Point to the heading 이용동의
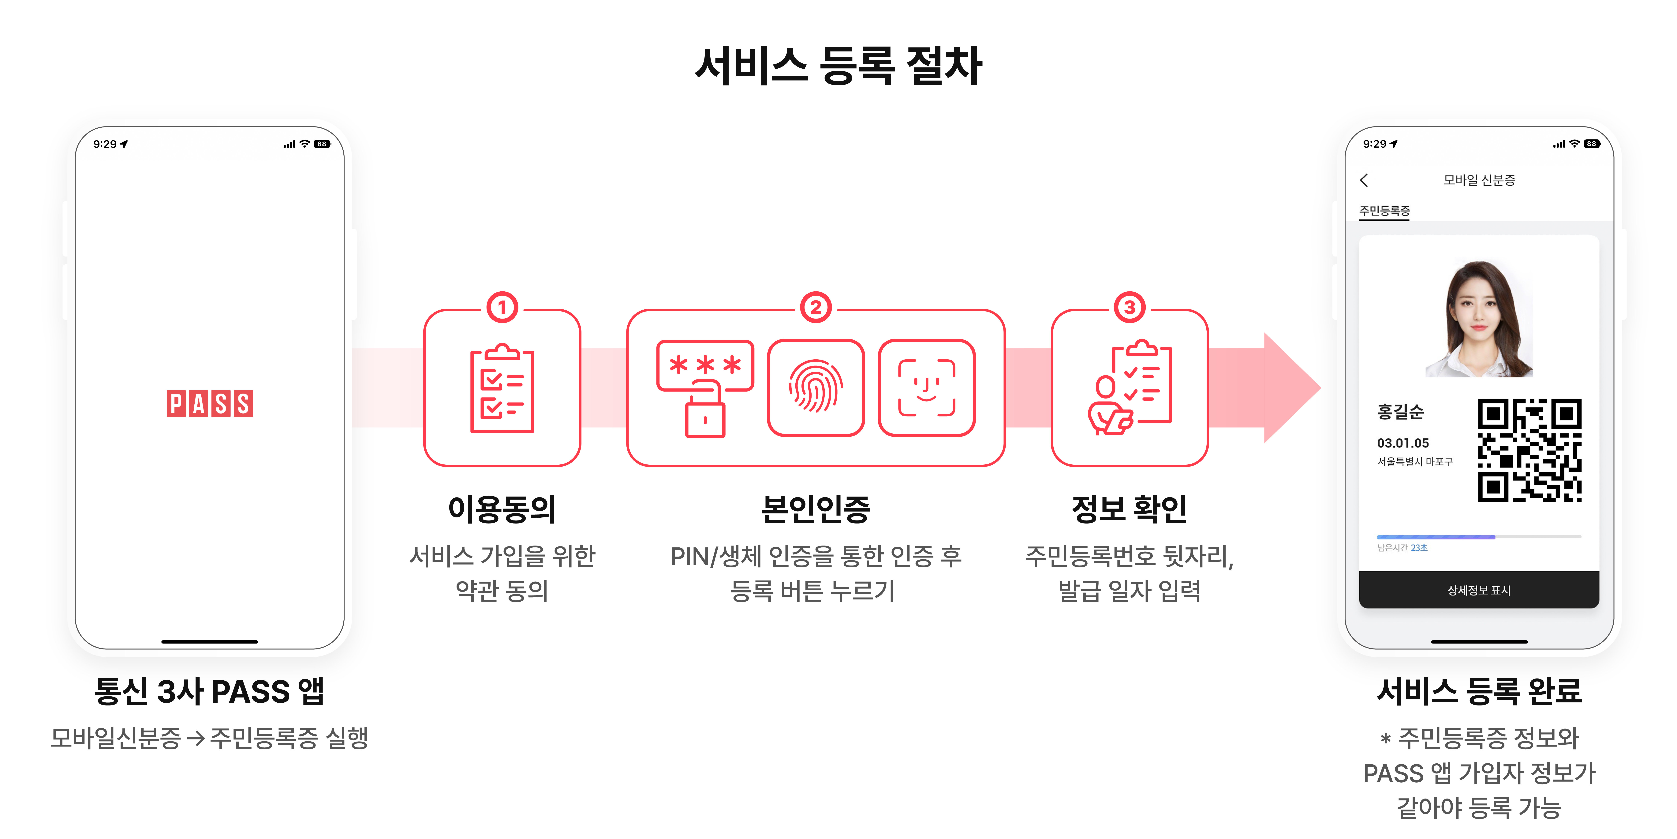502,509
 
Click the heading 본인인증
816,509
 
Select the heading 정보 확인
1130,509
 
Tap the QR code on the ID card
1529,450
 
